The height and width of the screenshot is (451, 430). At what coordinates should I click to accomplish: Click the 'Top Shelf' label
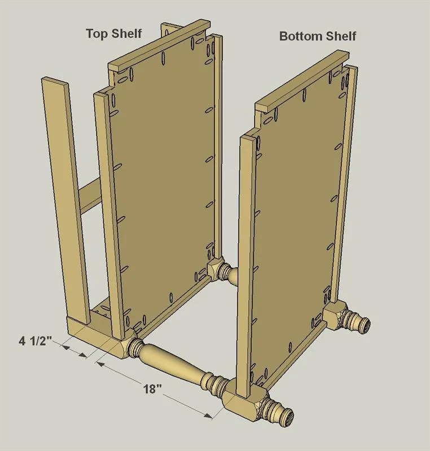(x=114, y=34)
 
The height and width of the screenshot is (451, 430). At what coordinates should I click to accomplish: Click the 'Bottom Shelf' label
(x=318, y=36)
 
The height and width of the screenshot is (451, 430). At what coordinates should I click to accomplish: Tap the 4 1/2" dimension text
(x=35, y=341)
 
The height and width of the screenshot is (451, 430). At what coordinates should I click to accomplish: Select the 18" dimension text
(x=152, y=389)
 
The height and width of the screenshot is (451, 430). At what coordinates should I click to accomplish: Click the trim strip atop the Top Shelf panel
(x=159, y=46)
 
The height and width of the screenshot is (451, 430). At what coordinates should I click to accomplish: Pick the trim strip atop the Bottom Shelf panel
(x=302, y=81)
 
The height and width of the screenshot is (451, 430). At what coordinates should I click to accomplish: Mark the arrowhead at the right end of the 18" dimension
(x=208, y=415)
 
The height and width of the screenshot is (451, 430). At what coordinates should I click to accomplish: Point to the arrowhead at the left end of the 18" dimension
(x=101, y=364)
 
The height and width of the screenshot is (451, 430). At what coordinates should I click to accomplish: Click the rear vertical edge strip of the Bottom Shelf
(x=344, y=184)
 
